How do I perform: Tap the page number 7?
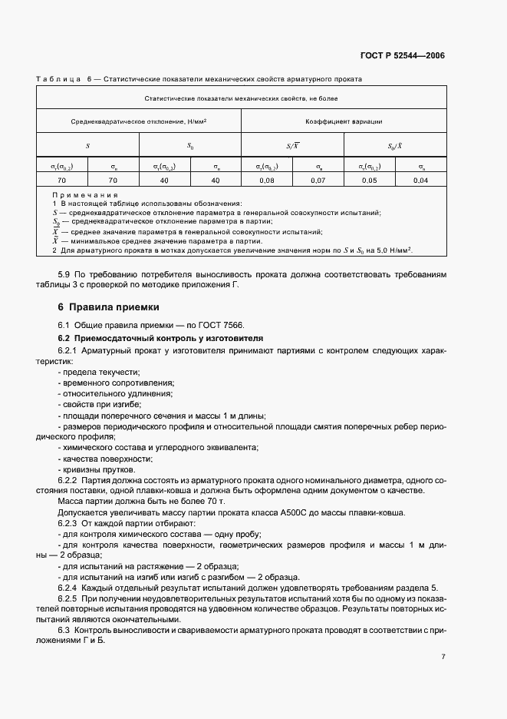(443, 656)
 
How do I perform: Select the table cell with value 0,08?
(267, 180)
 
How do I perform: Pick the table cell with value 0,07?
(318, 180)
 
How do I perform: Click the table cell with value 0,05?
(370, 180)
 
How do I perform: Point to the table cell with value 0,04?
(420, 180)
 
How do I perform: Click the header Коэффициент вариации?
(344, 121)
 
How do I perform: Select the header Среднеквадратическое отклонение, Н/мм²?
(139, 121)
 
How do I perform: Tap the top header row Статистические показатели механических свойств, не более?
(241, 98)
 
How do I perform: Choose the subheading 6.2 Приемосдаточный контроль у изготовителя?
(161, 338)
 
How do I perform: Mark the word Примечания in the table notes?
(84, 195)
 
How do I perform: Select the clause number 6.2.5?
(69, 597)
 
